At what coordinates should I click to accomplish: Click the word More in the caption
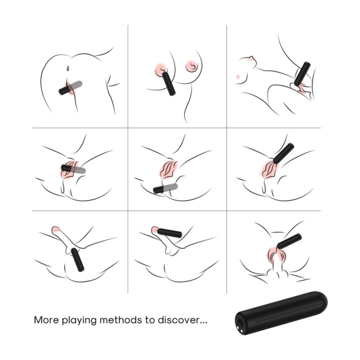pos(46,320)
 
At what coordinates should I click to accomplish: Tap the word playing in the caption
pos(79,320)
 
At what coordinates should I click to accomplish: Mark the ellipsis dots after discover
pos(203,322)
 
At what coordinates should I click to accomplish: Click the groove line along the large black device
pos(287,312)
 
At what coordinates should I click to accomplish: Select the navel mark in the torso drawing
pos(67,68)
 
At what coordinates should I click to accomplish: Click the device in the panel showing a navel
pos(70,87)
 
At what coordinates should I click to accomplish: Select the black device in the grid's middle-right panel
pos(283,152)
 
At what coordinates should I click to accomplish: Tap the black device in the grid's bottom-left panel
pos(77,259)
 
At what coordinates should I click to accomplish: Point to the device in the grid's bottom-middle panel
pos(169,233)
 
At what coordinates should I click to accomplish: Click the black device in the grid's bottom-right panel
pos(289,241)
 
